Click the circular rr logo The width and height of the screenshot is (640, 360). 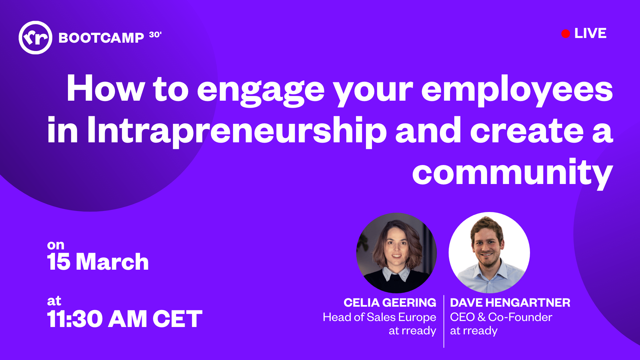pyautogui.click(x=35, y=37)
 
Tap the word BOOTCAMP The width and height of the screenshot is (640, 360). pyautogui.click(x=101, y=38)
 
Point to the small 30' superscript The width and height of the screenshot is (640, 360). pyautogui.click(x=155, y=35)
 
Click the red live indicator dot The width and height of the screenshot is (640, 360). pyautogui.click(x=565, y=34)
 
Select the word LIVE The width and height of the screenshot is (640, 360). pyautogui.click(x=590, y=33)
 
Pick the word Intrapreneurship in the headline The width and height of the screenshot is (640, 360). pyautogui.click(x=237, y=131)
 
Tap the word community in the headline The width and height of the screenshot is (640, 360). pyautogui.click(x=513, y=173)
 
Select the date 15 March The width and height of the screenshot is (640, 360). pyautogui.click(x=98, y=262)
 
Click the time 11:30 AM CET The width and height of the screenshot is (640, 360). pyautogui.click(x=125, y=319)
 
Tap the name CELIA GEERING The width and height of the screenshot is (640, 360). pyautogui.click(x=390, y=303)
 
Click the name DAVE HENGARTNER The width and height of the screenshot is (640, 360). pyautogui.click(x=510, y=303)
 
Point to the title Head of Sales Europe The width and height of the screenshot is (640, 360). pyautogui.click(x=379, y=317)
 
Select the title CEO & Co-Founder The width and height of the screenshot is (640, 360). pyautogui.click(x=501, y=317)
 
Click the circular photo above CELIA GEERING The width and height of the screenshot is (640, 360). pyautogui.click(x=396, y=253)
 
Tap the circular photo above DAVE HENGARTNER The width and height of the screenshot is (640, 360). pyautogui.click(x=489, y=253)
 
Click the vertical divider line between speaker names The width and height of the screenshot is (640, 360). pyautogui.click(x=444, y=321)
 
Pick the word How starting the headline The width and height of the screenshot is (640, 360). pyautogui.click(x=106, y=88)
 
